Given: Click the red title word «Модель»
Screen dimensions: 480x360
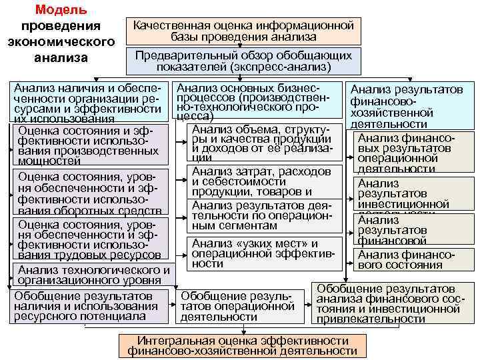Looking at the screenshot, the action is coord(60,10).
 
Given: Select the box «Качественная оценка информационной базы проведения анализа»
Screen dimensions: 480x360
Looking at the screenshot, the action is coord(243,31).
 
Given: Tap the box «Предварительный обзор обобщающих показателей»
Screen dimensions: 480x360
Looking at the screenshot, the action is coord(243,61).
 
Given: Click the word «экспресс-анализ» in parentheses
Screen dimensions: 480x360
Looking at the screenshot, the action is coord(280,67).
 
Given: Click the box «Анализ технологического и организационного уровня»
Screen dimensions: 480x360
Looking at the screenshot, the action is coord(92,275).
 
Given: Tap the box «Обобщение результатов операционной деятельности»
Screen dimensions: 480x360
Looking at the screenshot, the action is coord(238,306).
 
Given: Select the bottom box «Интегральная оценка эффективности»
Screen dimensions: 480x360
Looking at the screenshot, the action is coord(243,345).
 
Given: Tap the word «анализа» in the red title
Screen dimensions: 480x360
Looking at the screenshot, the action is coord(61,57).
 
